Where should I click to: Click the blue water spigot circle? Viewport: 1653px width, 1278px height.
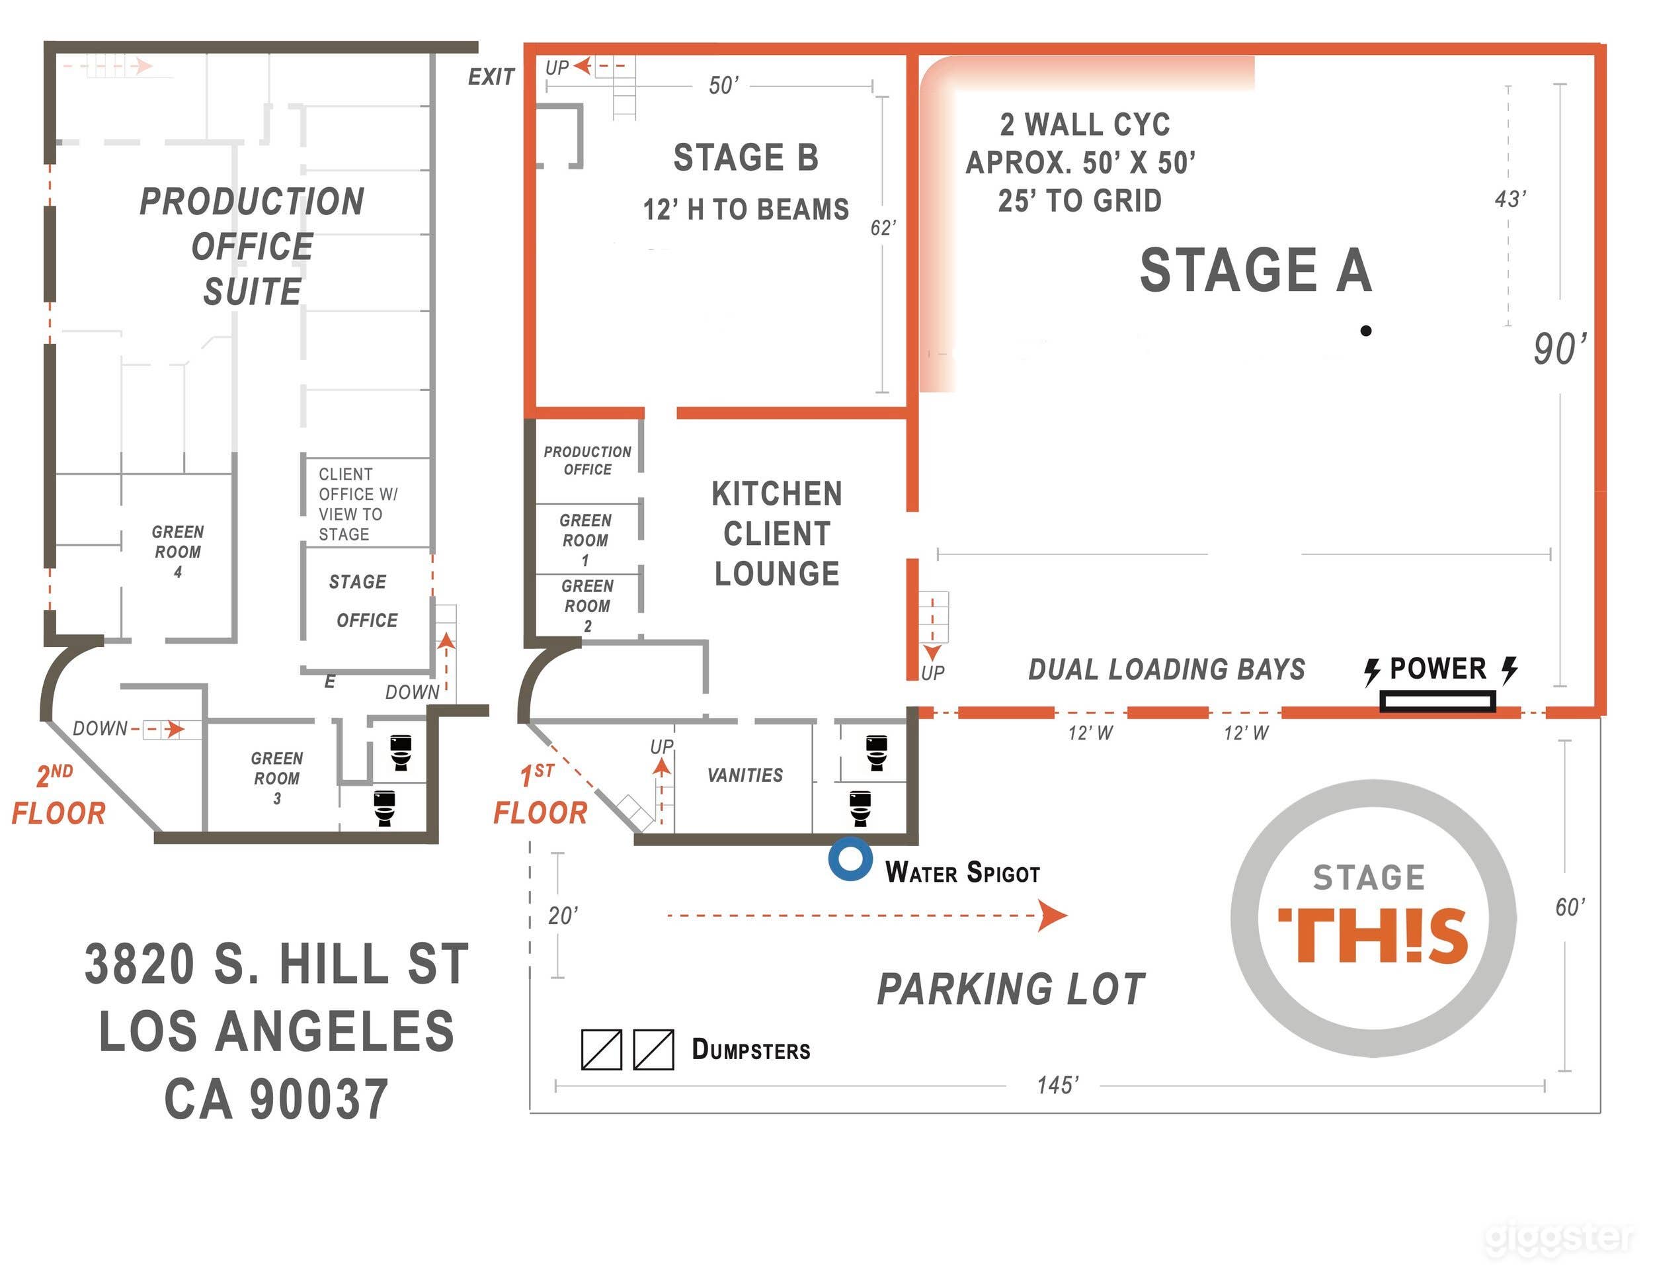[x=850, y=859]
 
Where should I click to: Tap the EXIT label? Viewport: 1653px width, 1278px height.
[x=491, y=77]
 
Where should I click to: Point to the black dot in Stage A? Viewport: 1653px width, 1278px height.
[x=1365, y=330]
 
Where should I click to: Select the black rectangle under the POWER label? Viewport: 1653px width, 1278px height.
[x=1437, y=702]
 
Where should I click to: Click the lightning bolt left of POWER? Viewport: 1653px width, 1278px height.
[x=1371, y=671]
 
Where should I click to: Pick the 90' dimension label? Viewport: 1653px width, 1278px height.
[x=1560, y=349]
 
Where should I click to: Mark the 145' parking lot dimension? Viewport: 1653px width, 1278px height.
[x=1057, y=1085]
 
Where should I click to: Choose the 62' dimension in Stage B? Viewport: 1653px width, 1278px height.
[x=883, y=227]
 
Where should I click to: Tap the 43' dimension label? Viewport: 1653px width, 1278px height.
[x=1510, y=199]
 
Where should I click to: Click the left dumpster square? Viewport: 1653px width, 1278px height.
[x=601, y=1049]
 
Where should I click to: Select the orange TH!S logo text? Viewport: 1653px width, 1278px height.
[x=1373, y=936]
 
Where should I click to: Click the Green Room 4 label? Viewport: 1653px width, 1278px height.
[x=178, y=551]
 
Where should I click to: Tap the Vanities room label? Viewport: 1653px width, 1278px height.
[x=745, y=775]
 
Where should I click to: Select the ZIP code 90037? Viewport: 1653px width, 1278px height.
[x=319, y=1099]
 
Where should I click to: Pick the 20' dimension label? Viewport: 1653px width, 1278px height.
[x=563, y=916]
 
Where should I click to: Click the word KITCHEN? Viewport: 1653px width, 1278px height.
[x=776, y=493]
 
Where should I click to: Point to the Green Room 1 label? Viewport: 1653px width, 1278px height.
[x=585, y=540]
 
